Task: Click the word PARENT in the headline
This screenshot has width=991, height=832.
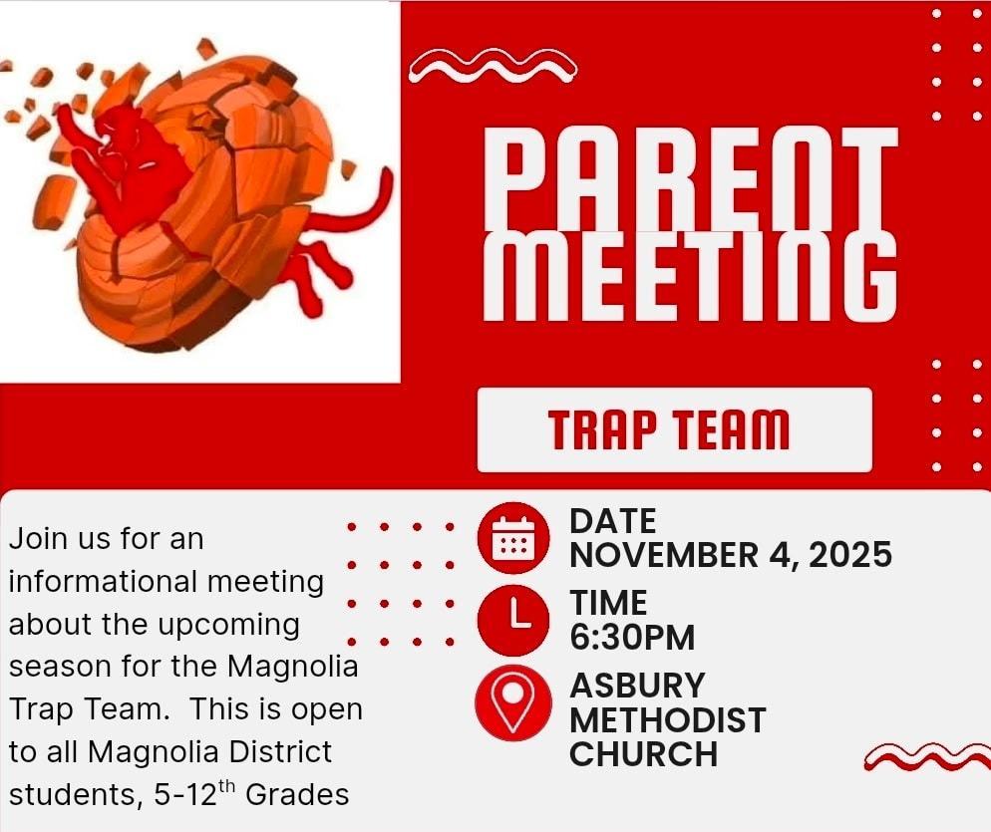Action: (690, 178)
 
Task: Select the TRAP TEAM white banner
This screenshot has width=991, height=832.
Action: (674, 429)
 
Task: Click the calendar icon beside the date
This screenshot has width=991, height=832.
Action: (513, 538)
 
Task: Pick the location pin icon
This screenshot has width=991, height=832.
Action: (513, 702)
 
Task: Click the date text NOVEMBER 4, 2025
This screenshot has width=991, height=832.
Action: (731, 555)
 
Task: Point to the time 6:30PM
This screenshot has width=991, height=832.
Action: (632, 637)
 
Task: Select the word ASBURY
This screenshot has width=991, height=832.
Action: (637, 686)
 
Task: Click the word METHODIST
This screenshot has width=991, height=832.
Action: (668, 720)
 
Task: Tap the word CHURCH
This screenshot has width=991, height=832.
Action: (643, 754)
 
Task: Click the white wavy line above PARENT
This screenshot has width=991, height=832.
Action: (493, 65)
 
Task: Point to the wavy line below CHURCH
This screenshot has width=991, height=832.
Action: (927, 757)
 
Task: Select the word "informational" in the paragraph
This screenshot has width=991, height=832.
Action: (104, 582)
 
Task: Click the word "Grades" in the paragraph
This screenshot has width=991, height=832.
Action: (297, 794)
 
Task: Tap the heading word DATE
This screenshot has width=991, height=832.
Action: (612, 522)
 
